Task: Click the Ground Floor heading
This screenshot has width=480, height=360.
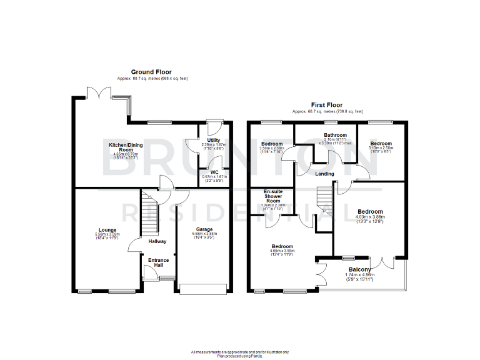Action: tap(152, 72)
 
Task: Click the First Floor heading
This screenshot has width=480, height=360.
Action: tap(327, 105)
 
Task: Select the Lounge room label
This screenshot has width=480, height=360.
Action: tap(107, 229)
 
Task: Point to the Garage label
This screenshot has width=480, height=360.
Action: tap(204, 229)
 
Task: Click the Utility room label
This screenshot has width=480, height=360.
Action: tap(214, 141)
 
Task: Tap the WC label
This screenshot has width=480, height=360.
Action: tap(213, 172)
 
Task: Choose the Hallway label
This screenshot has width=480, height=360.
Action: tap(157, 241)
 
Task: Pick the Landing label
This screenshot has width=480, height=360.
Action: tap(324, 174)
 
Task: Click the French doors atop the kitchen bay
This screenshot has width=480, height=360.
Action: tap(99, 92)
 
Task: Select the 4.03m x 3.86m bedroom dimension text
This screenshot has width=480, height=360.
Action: tap(371, 219)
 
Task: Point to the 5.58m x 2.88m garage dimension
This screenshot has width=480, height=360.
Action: tap(204, 235)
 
